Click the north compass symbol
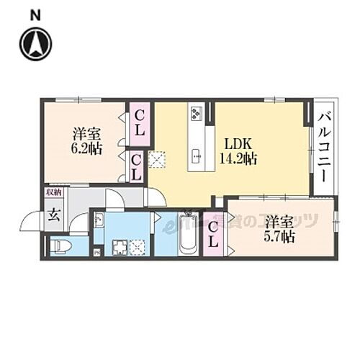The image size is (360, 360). [35, 43]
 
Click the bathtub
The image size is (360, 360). [188, 233]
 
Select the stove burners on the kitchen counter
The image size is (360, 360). [196, 114]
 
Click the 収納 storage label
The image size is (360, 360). [54, 192]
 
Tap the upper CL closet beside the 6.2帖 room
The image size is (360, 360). [138, 124]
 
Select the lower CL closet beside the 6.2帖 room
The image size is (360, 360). [136, 167]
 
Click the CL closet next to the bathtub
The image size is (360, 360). [213, 235]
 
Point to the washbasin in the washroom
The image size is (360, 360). [99, 220]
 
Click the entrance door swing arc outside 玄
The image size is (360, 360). [30, 222]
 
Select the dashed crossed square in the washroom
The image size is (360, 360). [138, 247]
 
